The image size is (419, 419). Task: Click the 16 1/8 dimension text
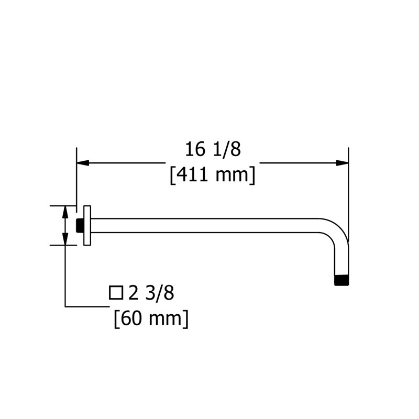click(x=213, y=149)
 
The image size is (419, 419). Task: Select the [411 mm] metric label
click(x=213, y=175)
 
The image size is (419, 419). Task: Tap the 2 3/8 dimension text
click(x=151, y=293)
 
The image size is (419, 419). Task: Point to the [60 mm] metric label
click(x=151, y=319)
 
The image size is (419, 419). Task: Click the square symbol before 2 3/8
click(x=116, y=293)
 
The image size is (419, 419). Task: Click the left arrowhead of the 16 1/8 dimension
click(x=83, y=163)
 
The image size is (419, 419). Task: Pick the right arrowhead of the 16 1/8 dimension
click(x=343, y=163)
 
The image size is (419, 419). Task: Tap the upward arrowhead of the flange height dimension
click(x=65, y=212)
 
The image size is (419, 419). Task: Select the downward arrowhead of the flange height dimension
click(x=65, y=238)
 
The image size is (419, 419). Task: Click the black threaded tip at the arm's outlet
click(x=341, y=280)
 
